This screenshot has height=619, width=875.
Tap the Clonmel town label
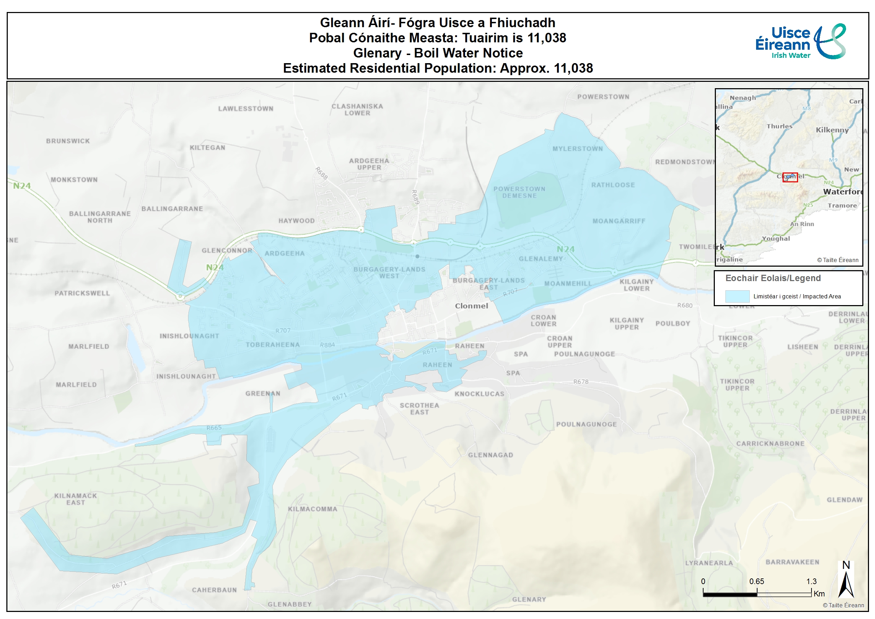point(471,306)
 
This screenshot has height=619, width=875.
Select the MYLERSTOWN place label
point(577,148)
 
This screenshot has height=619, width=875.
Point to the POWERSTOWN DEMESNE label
point(519,192)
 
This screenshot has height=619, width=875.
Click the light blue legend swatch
point(737,296)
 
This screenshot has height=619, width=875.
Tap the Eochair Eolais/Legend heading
point(772,278)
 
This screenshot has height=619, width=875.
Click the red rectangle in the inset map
point(790,177)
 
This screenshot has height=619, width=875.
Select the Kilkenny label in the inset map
point(832,130)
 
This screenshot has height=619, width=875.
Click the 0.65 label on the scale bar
point(756,581)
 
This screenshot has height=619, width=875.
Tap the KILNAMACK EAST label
point(76,499)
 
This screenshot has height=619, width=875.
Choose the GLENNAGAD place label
point(490,455)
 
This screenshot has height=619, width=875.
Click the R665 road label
point(214,428)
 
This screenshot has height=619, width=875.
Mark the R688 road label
point(321,173)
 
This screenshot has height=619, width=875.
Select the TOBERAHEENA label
point(273,345)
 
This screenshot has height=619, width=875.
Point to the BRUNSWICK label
point(68,141)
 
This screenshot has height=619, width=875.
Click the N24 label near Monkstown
point(22,186)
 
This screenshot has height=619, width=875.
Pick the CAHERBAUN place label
point(214,590)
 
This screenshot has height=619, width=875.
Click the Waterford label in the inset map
point(842,192)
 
